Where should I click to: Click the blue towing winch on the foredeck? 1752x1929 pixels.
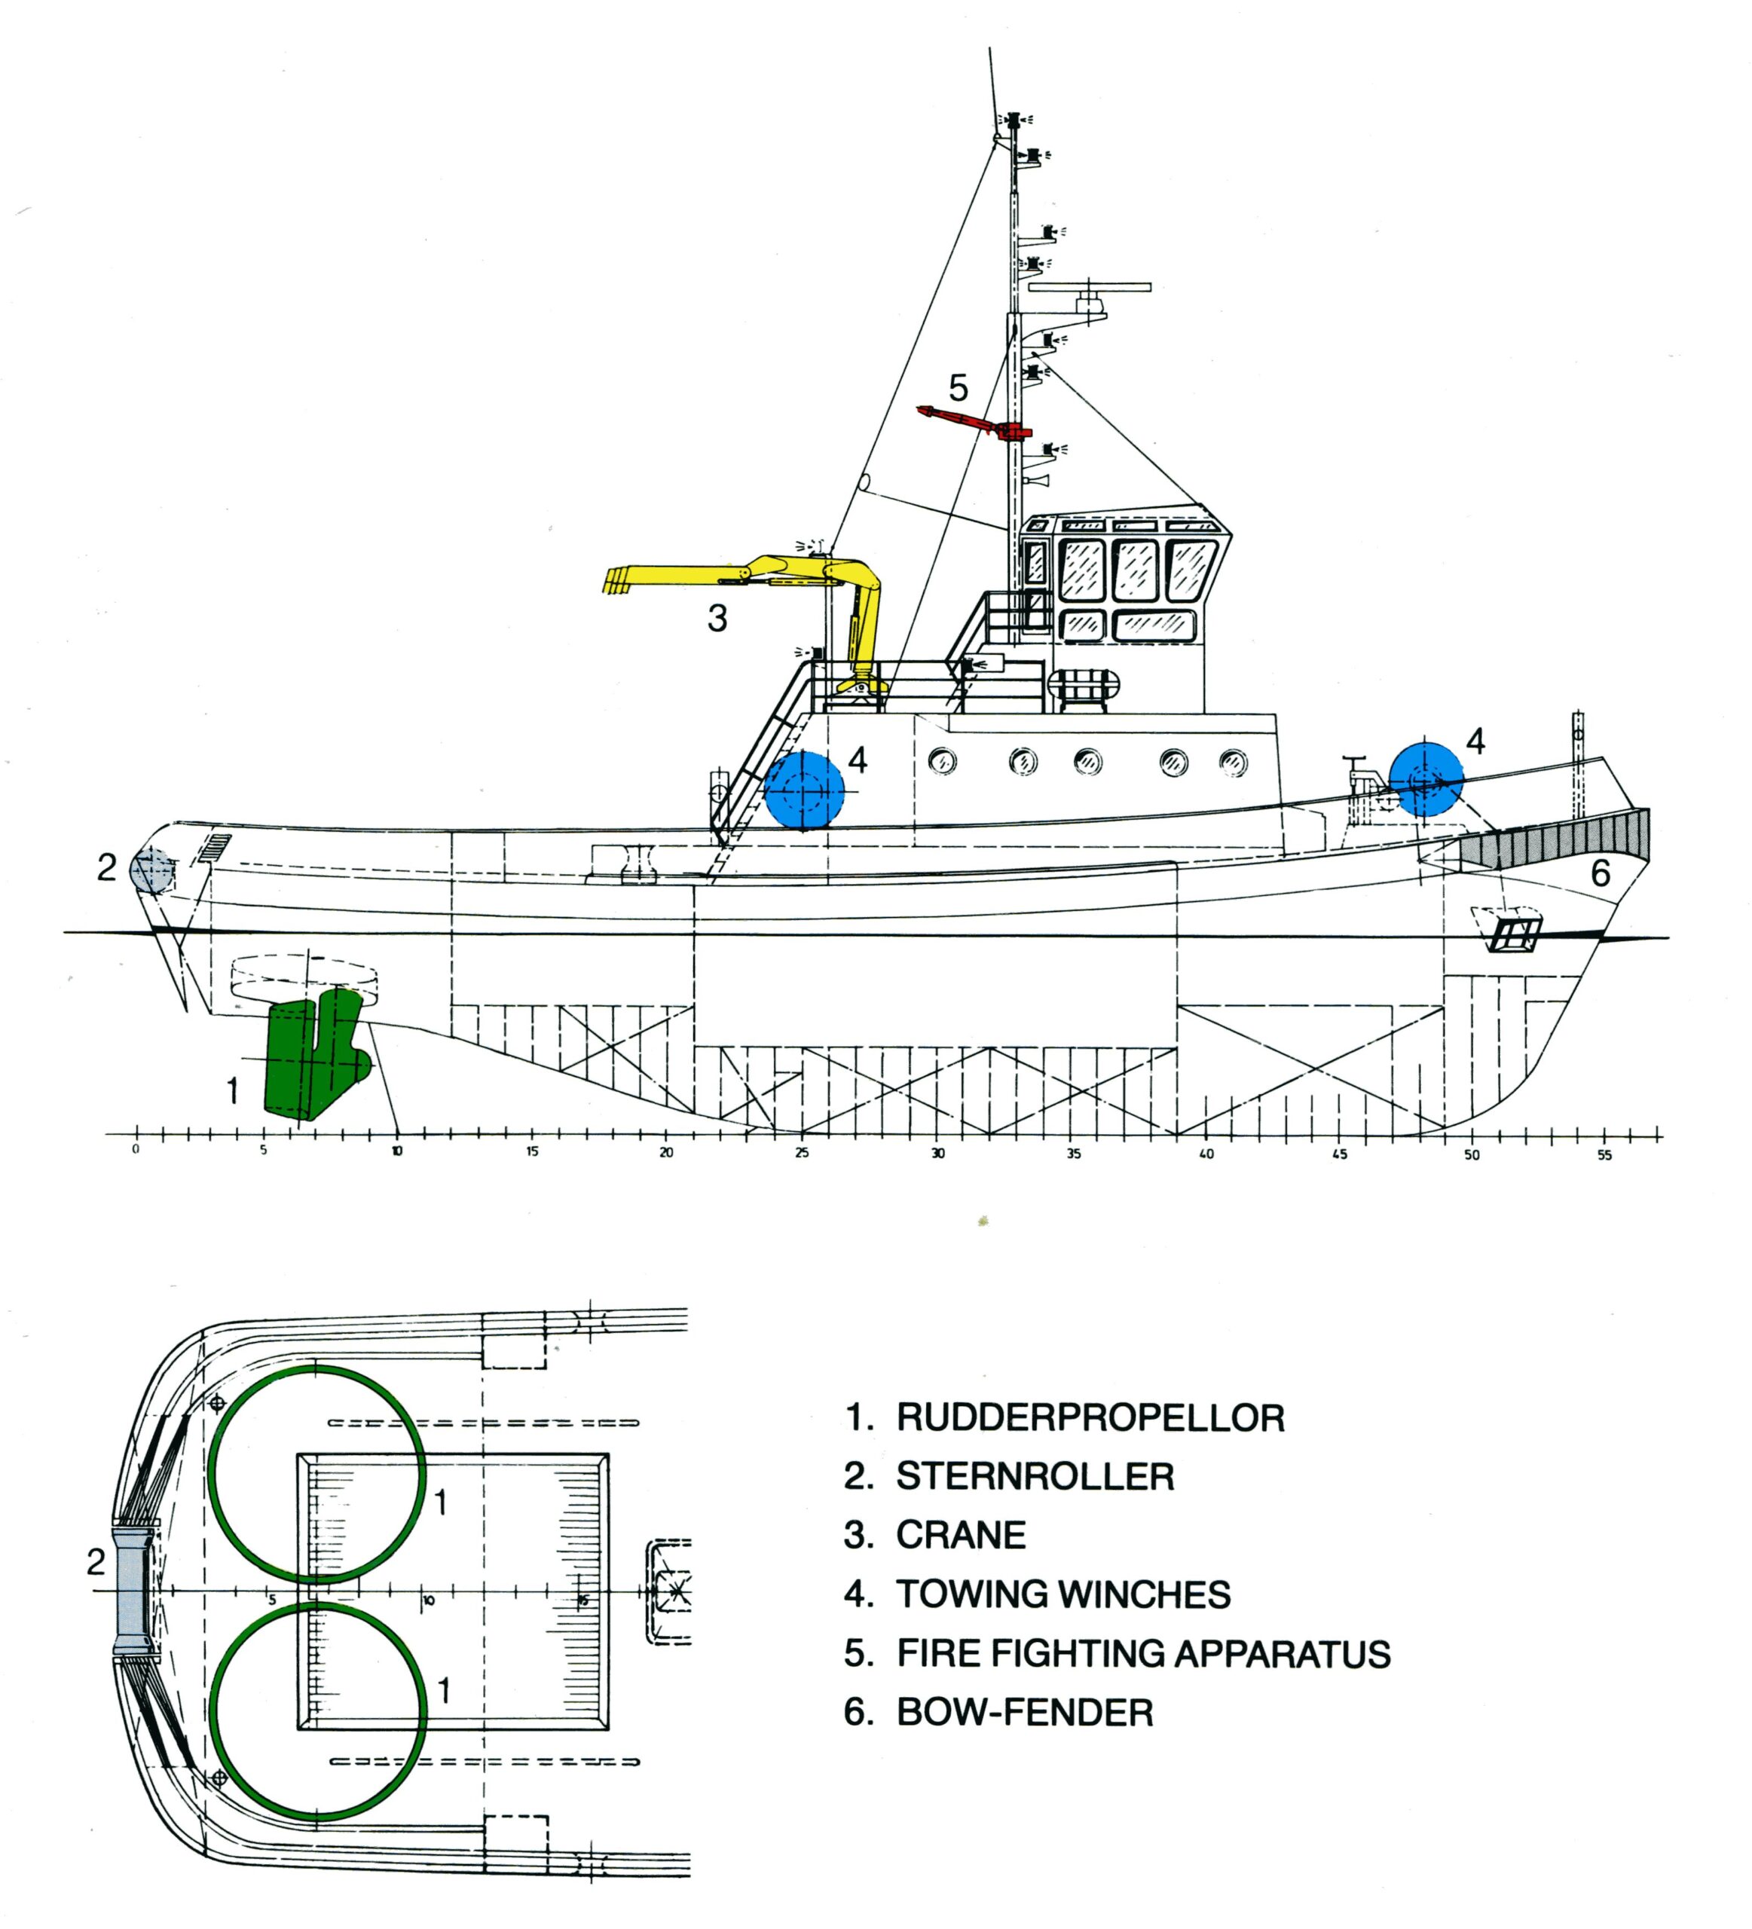coord(1425,780)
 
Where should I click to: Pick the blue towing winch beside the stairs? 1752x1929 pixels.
coord(804,790)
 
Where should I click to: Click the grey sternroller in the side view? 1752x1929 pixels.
coord(151,872)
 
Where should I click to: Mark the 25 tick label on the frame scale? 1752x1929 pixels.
coord(802,1153)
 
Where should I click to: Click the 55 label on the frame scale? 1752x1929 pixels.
coord(1604,1155)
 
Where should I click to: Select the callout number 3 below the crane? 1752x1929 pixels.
coord(717,618)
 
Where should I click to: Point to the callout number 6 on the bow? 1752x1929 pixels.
coord(1600,873)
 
